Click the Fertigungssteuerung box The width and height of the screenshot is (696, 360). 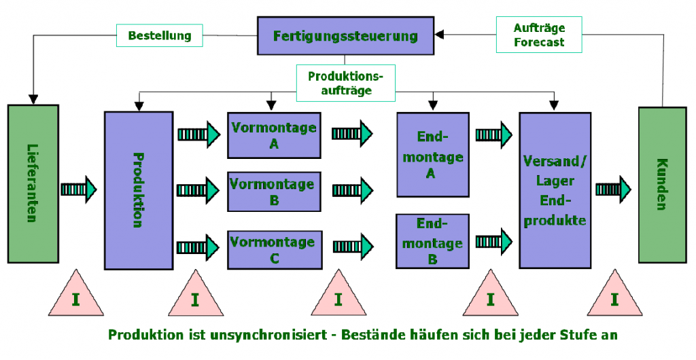[345, 36]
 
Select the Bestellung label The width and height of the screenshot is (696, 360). [159, 35]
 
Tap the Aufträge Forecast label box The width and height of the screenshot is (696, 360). [539, 35]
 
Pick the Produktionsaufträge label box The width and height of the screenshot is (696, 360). [345, 83]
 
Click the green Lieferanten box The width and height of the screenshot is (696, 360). [33, 183]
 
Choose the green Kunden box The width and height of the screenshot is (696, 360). [662, 185]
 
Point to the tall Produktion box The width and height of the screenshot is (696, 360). [139, 190]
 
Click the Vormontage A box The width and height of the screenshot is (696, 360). [274, 135]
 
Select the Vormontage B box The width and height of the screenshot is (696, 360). [274, 192]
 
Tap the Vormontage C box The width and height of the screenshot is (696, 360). [275, 249]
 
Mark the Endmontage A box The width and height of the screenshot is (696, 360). [433, 154]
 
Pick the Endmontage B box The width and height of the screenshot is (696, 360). [432, 241]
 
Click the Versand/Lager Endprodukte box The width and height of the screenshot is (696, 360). [555, 190]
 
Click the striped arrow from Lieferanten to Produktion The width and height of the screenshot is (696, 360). [79, 190]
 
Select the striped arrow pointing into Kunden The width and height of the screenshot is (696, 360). [613, 190]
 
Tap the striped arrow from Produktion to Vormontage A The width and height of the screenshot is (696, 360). [199, 133]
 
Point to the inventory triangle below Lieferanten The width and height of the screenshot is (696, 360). [76, 294]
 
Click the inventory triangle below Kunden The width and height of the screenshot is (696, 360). [614, 294]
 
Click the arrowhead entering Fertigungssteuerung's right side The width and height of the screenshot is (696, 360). [439, 35]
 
